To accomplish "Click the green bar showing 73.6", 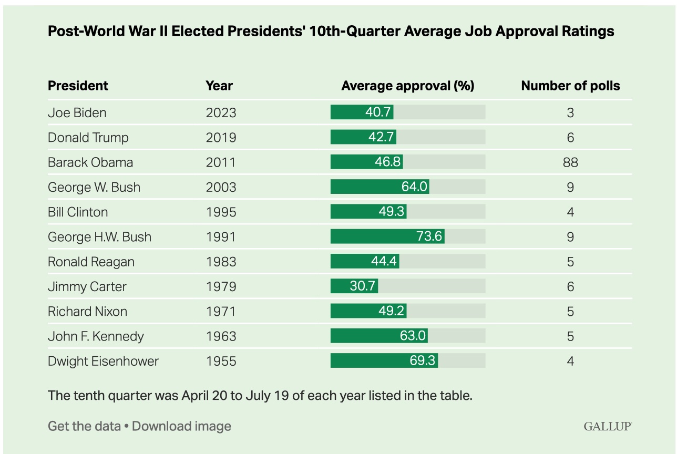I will click(387, 237).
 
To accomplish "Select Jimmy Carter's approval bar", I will click(354, 286).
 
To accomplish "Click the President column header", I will click(78, 86).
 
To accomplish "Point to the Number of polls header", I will click(570, 86).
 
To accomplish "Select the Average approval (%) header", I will click(407, 86).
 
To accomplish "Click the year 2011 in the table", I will click(221, 162).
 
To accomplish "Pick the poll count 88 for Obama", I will click(570, 162).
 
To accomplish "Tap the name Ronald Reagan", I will click(91, 262).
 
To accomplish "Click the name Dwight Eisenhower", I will click(103, 361).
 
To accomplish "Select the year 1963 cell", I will click(221, 336).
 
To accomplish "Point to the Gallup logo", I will click(607, 426).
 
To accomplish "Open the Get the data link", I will click(84, 426).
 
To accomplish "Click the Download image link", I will click(181, 426).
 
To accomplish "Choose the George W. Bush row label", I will click(94, 187).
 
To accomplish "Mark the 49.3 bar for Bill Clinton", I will click(368, 212).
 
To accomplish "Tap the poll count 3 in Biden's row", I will click(570, 112).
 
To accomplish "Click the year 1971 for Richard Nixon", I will click(221, 312).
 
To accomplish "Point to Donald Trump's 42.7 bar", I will click(363, 137).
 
